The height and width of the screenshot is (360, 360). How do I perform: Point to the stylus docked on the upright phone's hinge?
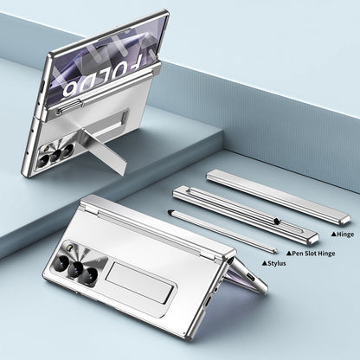tap(102, 112)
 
